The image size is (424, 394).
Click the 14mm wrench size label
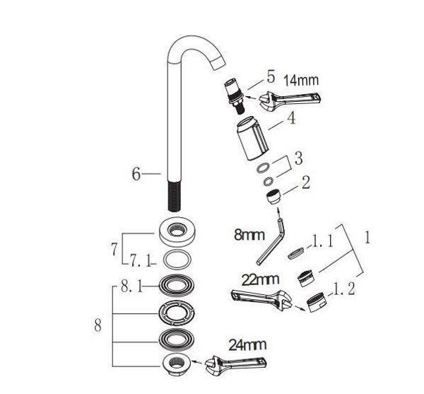[301, 81]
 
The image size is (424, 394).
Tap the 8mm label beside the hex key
[249, 235]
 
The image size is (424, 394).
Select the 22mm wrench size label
[260, 279]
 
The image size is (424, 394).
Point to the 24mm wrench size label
[247, 344]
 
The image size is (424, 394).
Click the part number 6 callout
[136, 174]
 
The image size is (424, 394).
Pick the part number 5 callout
[271, 76]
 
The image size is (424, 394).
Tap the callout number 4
[291, 118]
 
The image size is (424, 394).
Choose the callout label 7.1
[141, 260]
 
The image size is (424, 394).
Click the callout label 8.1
[131, 286]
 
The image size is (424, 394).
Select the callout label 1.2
[343, 289]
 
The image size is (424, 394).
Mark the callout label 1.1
[323, 241]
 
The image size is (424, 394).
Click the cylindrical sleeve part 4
[252, 138]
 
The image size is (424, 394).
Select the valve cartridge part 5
[235, 95]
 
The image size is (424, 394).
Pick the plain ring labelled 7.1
[177, 260]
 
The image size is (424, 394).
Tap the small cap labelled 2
[273, 197]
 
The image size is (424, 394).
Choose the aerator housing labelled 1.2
[317, 302]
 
